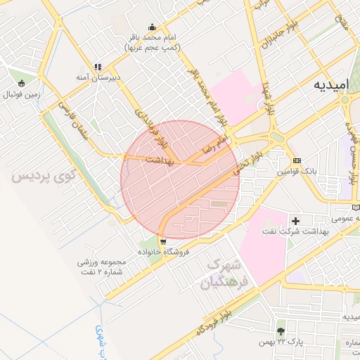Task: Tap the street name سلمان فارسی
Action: tap(74, 120)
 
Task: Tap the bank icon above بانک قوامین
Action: tap(296, 160)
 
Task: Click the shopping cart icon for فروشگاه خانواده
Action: tap(163, 242)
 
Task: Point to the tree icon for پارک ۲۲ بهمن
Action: tap(281, 330)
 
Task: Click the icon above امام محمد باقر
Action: tap(152, 27)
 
